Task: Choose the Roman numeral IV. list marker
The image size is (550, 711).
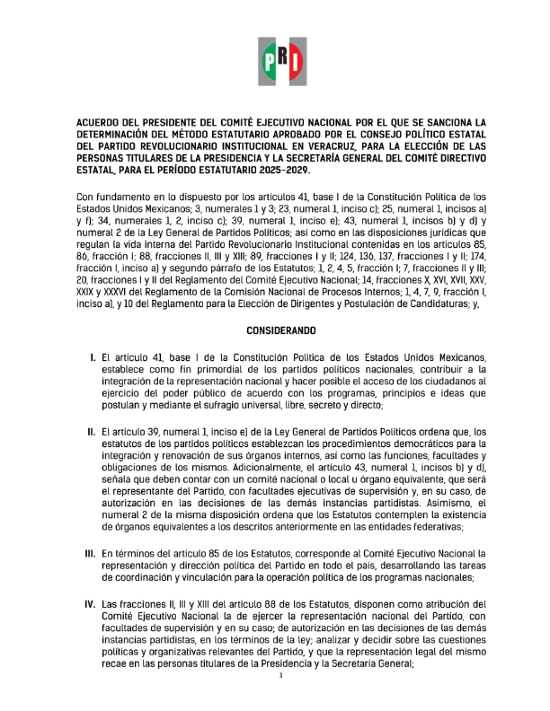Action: coord(91,604)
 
